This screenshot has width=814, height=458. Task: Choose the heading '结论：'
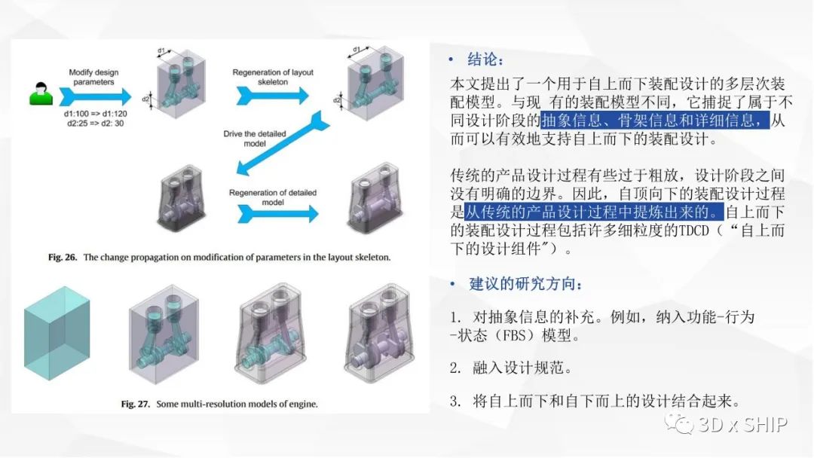485,60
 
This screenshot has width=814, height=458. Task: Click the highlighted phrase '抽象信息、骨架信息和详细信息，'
654,121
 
